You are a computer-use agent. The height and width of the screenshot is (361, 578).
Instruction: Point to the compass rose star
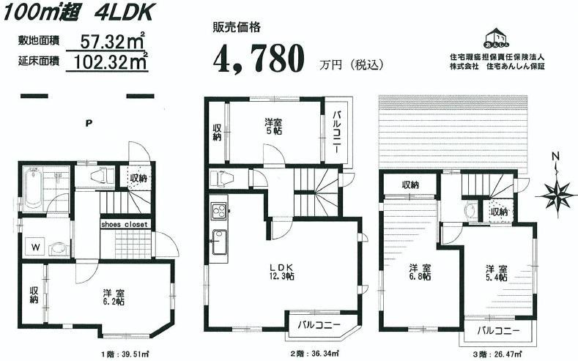(x=558, y=195)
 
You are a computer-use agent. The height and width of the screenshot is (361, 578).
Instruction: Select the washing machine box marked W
(x=34, y=247)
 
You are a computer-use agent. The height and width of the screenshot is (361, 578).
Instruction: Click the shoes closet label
(x=125, y=224)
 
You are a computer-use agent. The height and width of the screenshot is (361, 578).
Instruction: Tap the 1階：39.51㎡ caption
(x=125, y=354)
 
